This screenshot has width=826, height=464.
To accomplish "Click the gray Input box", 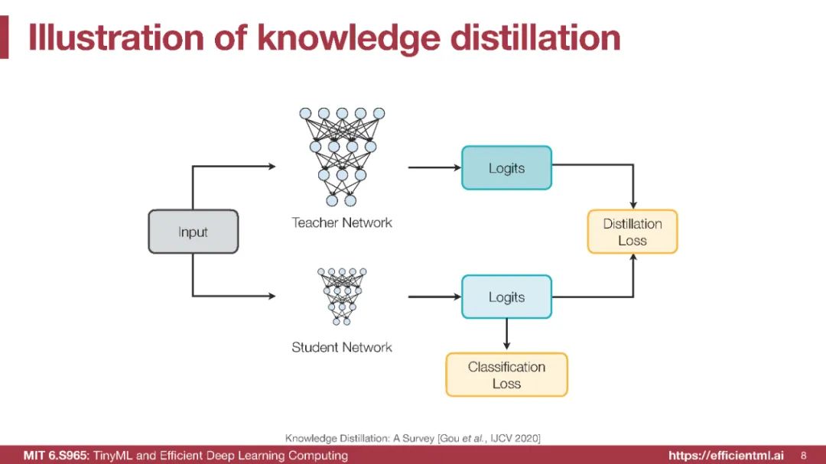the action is (193, 232).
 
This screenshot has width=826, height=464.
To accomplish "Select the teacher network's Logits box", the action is (506, 168).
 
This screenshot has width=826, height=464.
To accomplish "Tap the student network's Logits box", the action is (506, 297).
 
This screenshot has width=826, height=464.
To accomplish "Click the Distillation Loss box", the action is (632, 232).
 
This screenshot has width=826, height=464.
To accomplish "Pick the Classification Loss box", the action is (506, 375).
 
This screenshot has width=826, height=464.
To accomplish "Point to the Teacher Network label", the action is (341, 222).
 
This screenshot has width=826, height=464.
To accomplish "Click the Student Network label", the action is (341, 347).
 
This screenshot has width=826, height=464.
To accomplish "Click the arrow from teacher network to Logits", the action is (434, 167).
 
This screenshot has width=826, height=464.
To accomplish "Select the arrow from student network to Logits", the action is (434, 297).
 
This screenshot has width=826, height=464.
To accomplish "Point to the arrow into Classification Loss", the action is (506, 335).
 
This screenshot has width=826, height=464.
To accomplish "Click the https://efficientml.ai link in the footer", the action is (726, 456).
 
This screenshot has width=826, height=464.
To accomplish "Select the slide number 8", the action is (803, 456).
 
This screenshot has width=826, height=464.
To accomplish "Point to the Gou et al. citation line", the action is (413, 438).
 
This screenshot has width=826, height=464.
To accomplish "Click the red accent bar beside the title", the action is (4, 37).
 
